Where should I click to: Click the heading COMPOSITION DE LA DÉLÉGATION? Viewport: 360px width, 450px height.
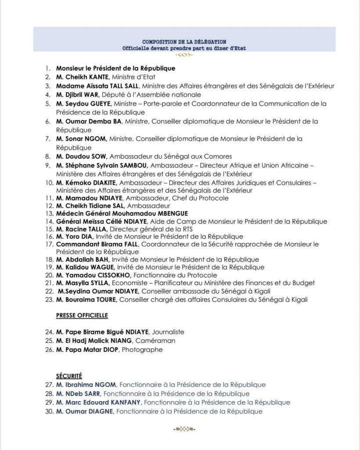coord(184,41)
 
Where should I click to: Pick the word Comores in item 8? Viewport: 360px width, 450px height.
coord(219,156)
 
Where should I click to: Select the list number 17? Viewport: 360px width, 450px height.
coord(49,244)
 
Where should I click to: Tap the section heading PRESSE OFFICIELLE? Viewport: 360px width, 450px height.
coord(82,315)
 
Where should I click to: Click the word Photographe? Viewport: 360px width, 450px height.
coord(142,350)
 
